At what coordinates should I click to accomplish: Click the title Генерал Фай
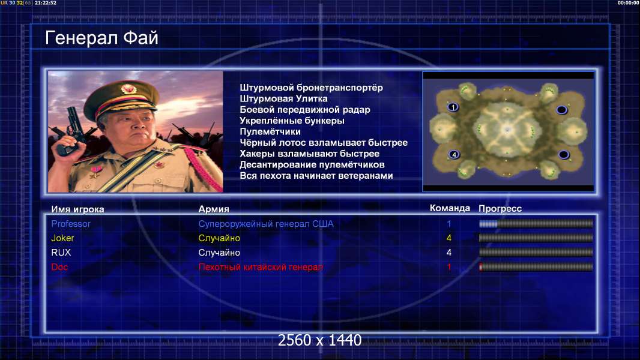coord(101,38)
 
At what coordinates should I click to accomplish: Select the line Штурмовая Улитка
coord(283,98)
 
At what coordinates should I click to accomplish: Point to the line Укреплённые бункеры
coord(292,121)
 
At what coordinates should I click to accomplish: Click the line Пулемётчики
coord(270,131)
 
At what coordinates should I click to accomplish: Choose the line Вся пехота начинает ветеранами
coord(316,176)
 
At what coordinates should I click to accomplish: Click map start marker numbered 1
coord(453,107)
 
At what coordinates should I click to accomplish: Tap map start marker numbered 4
coord(453,155)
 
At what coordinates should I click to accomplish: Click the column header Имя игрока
coord(77,209)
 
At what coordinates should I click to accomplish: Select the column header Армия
coord(214,209)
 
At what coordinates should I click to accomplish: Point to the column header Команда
coord(450,208)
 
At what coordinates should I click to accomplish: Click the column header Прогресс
coord(500,209)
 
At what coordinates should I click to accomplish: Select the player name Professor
coord(71,224)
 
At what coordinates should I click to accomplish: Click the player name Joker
coord(62,238)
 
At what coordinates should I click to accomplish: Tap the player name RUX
coord(61,253)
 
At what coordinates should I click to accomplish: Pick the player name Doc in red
coord(59,267)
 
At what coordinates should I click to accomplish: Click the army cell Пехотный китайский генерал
coord(261,267)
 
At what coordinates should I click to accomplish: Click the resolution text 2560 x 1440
coord(319,340)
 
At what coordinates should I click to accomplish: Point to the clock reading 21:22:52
coord(45,3)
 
